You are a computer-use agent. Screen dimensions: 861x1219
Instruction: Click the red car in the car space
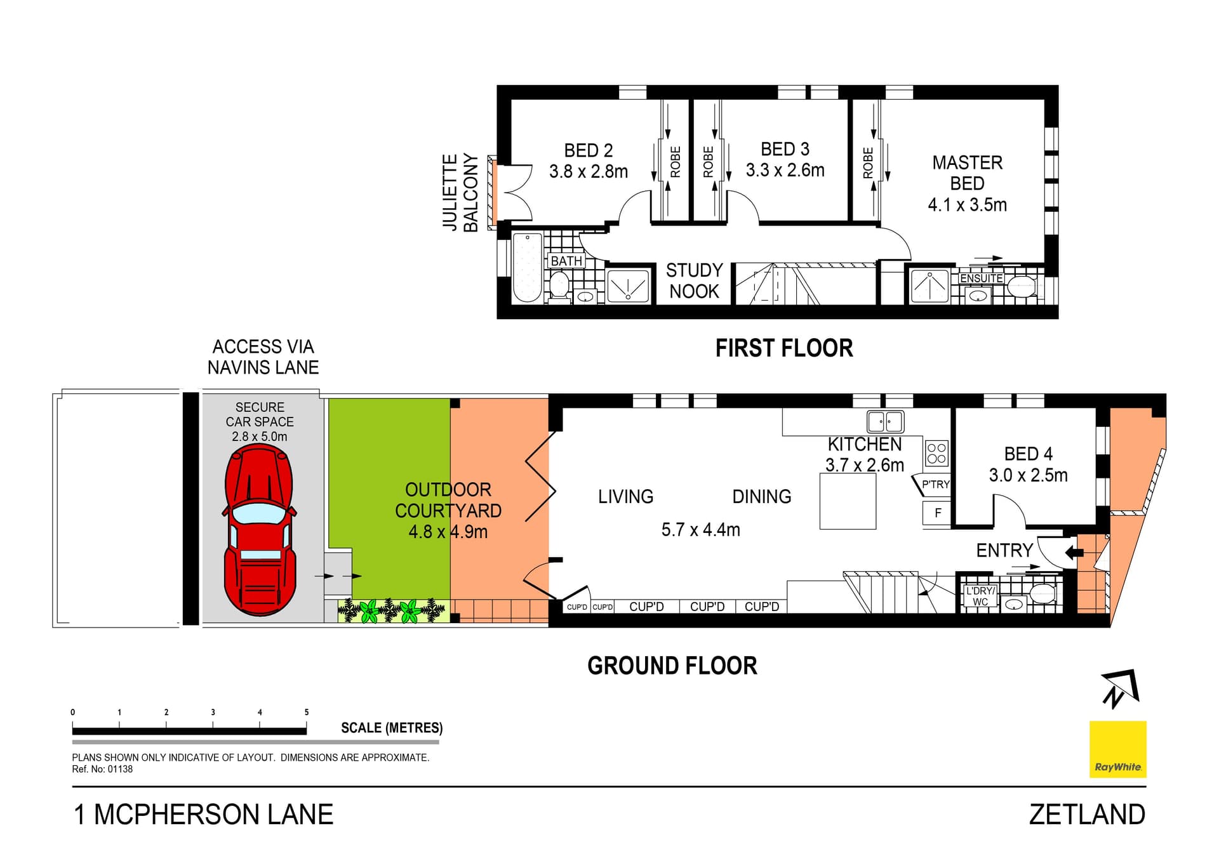pos(259,530)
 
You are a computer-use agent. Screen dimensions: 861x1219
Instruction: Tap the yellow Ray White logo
pos(1117,749)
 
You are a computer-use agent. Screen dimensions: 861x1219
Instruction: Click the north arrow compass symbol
pos(1121,688)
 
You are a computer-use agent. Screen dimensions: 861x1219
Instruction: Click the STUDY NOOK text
pos(694,280)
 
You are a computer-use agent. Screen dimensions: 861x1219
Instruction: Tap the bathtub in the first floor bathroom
pos(527,268)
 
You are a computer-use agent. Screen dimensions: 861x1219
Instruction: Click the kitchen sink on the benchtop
pos(885,421)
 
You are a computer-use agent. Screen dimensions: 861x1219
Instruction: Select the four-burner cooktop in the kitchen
pos(936,453)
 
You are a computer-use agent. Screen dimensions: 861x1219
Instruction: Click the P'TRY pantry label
pos(935,484)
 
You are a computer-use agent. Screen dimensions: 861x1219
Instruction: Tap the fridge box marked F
pos(938,513)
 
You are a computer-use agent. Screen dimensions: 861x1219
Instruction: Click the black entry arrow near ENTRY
pos(1074,552)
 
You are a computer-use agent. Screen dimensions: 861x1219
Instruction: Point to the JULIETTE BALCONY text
pos(460,192)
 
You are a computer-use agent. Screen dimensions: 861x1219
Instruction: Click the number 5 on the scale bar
pos(307,712)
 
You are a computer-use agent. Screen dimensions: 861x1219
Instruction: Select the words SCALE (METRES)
pos(392,728)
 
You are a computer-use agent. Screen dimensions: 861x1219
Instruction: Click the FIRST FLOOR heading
pos(783,348)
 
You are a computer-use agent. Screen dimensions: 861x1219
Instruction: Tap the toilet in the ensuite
pos(1022,286)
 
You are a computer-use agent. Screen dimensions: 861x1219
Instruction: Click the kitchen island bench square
pos(848,501)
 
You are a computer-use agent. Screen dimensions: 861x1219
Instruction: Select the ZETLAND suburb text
pos(1086,815)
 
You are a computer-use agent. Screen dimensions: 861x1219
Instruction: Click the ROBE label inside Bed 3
pos(708,162)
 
